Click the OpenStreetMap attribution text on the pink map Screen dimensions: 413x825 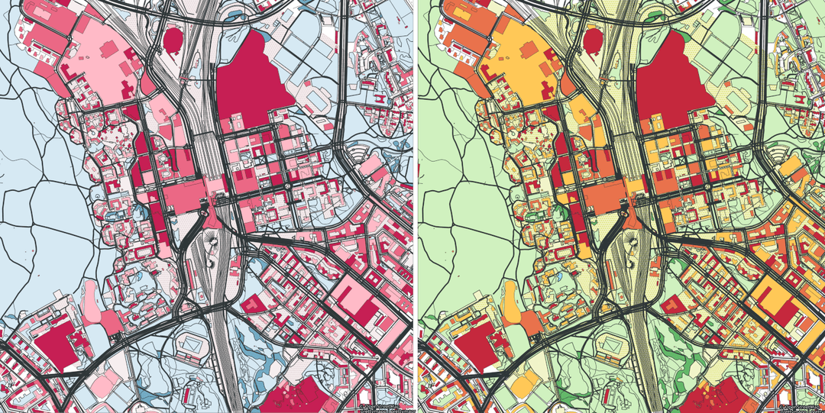click(386, 408)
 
